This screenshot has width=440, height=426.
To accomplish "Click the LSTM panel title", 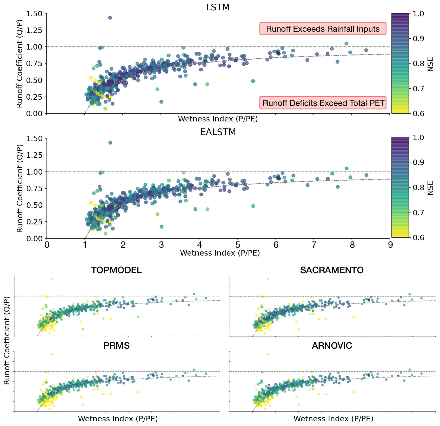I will pos(218,7).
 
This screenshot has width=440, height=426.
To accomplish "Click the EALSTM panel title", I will pos(218,132).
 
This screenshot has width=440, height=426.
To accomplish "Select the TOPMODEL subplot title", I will pos(116,270).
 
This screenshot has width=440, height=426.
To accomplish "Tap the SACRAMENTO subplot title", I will pos(332,270).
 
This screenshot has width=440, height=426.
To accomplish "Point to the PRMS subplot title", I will pos(116,346).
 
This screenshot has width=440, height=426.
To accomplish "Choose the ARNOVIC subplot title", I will pos(332,346).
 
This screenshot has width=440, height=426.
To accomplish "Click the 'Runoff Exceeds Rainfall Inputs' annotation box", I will pos(323,29).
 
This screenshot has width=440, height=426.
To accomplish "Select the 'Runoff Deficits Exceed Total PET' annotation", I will pos(323,103).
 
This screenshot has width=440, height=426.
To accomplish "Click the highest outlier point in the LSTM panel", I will pos(110,18).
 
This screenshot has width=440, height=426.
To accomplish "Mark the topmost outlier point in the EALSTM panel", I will pos(110,143).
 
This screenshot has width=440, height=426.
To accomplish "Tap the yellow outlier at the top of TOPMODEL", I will pos(52,279).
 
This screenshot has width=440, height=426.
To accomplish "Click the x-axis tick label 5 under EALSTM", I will pos(237,245).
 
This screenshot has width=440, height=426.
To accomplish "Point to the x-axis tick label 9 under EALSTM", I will pos(390,245).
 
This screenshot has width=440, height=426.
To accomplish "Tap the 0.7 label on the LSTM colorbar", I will pos(418,88).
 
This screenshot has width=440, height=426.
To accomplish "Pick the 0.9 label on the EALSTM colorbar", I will pos(418,162).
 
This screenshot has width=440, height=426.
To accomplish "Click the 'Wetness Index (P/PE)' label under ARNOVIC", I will pos(333,418).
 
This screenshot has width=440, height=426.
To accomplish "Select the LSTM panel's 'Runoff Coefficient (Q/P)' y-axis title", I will pos(20,64).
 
